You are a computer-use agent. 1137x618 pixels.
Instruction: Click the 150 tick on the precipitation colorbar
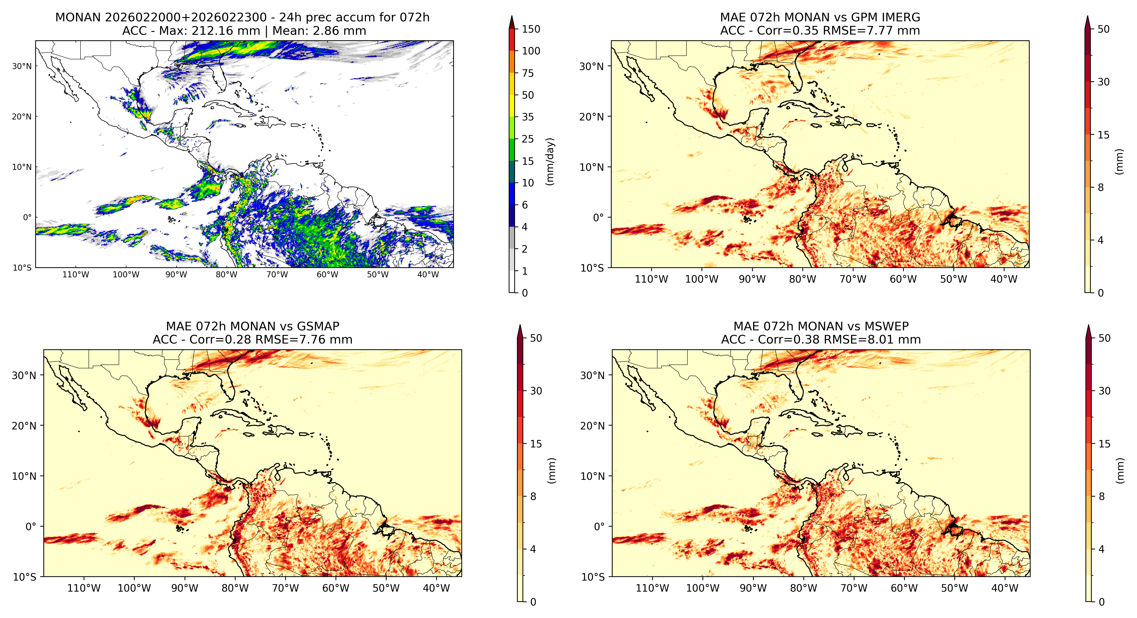(531, 29)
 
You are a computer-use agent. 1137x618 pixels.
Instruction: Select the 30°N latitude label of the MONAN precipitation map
(22, 66)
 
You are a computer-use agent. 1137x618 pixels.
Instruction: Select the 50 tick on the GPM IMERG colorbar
(1103, 29)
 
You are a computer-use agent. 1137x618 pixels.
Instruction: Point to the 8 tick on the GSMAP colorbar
(533, 497)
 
